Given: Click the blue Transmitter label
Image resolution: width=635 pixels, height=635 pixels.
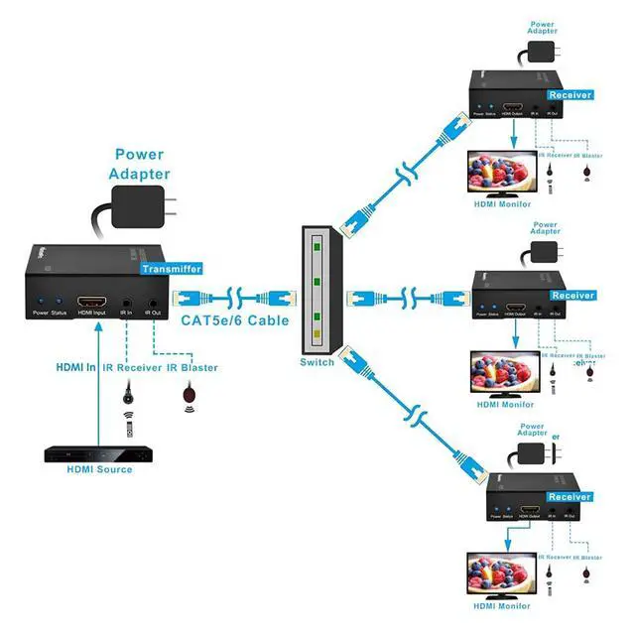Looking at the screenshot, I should click(172, 269).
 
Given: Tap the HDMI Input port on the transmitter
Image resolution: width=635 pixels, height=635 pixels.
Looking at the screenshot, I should click(92, 299).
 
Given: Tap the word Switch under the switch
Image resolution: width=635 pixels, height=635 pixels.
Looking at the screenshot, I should click(317, 362).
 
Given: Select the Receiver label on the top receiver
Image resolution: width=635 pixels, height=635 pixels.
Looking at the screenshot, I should click(570, 95).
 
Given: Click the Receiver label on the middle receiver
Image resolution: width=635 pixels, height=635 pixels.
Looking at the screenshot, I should click(571, 296).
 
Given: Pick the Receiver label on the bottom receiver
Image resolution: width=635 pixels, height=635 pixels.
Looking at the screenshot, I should click(570, 496).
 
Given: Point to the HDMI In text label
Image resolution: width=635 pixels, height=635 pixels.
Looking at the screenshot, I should click(75, 368).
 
